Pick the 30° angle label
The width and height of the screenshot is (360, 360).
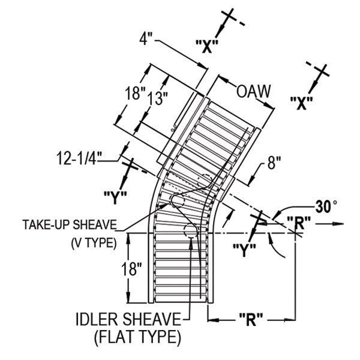pos(326,207)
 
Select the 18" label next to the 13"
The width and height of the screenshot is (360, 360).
pos(135,94)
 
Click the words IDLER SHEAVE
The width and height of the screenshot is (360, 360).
pos(127,319)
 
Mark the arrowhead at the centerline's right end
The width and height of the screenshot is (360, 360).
pos(341,224)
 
